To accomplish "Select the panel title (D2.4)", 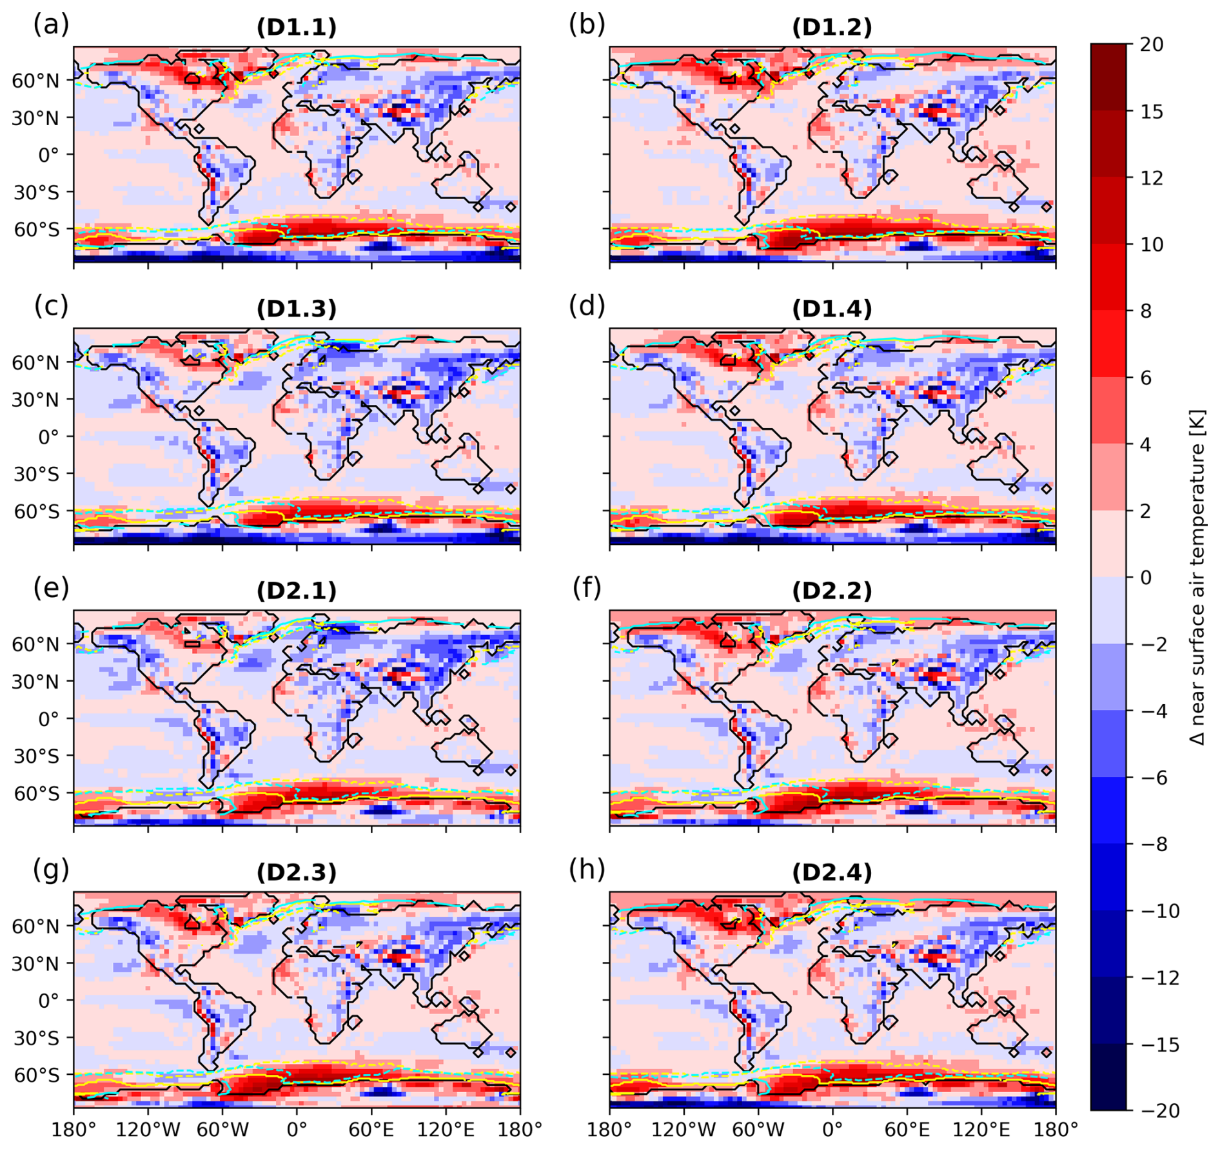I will click(x=832, y=872).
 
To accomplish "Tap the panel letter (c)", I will click(x=51, y=306).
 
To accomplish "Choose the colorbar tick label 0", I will click(x=1145, y=577).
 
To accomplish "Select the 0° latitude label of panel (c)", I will click(x=48, y=437).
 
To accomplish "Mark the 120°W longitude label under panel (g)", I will click(x=148, y=1130).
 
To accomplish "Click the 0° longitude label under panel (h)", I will click(x=832, y=1130).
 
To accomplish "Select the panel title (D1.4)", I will click(x=832, y=309).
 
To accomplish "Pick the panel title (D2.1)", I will click(x=296, y=591).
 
